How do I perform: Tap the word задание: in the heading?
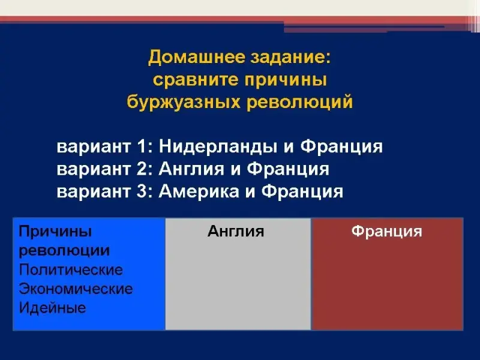coord(290,57)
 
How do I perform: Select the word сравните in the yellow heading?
coord(196,80)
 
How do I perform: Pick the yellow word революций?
coord(299,101)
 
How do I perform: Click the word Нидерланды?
coord(218,146)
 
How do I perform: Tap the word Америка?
coord(199,191)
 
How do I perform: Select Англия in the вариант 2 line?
coord(191,169)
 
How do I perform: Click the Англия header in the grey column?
coord(236,231)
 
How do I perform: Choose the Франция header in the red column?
coord(386,232)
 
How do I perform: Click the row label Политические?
coord(71,269)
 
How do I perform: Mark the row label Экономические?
coord(76,289)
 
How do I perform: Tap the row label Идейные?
coord(52,308)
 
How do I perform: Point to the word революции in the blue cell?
coord(64,251)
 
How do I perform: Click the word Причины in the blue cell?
coord(55,232)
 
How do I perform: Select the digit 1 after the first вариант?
coord(142,146)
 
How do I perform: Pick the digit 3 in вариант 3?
coord(142,191)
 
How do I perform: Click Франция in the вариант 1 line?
coord(341,147)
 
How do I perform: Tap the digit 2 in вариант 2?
coord(142,169)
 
